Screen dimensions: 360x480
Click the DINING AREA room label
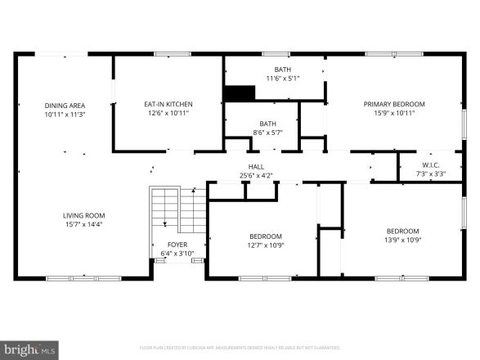click(x=65, y=106)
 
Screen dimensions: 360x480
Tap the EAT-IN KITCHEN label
click(x=168, y=105)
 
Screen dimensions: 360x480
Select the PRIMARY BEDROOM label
click(x=394, y=105)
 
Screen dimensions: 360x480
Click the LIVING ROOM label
click(x=83, y=216)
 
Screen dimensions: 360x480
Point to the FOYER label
click(x=177, y=245)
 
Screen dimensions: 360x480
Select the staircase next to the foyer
click(x=176, y=210)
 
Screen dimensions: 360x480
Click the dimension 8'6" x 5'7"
click(x=267, y=132)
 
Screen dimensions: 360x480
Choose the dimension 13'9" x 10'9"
click(x=402, y=240)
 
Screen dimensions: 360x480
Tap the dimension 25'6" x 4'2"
click(x=256, y=175)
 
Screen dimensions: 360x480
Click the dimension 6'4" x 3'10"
click(x=177, y=253)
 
